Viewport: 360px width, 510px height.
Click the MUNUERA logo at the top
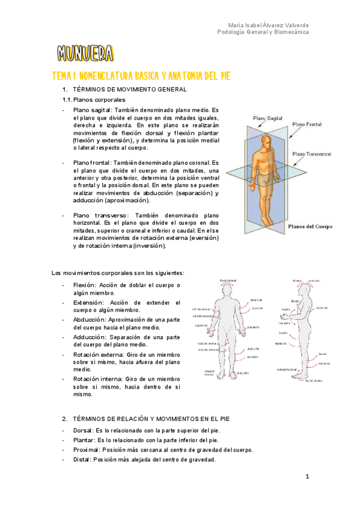tap(85, 54)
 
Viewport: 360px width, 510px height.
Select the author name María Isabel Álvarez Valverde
tap(269, 25)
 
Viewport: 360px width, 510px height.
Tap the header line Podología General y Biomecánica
tap(263, 32)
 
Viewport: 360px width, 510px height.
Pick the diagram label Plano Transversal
tap(312, 154)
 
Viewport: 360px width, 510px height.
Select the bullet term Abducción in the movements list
tap(88, 320)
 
